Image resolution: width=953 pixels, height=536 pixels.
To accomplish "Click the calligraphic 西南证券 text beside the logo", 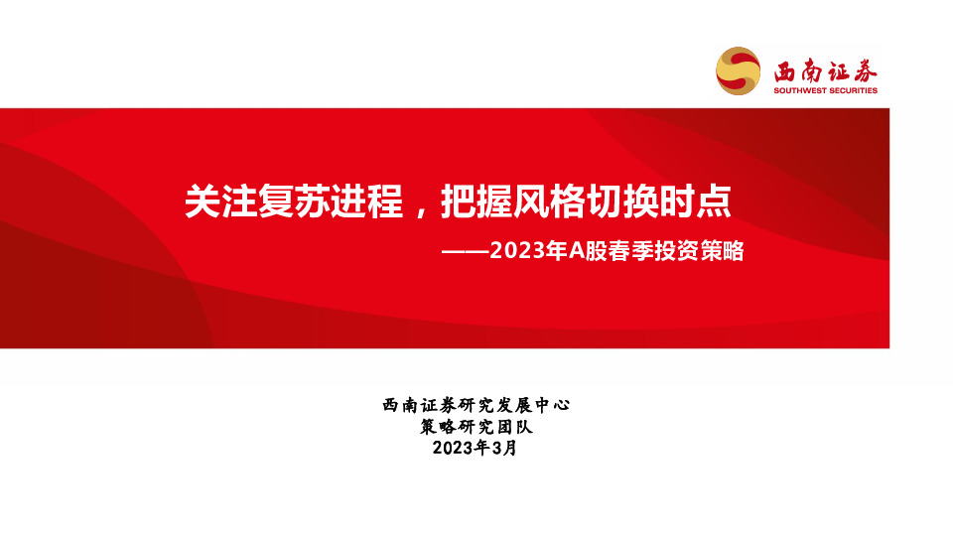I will [x=826, y=70].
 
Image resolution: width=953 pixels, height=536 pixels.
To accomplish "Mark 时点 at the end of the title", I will [x=696, y=202].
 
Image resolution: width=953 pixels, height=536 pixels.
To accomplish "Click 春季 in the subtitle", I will [x=631, y=252].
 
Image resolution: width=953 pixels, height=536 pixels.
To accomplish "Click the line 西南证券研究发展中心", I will [x=476, y=405].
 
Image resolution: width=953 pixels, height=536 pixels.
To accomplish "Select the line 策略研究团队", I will [x=476, y=427].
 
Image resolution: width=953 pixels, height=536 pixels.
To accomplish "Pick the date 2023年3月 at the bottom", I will [x=476, y=449].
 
